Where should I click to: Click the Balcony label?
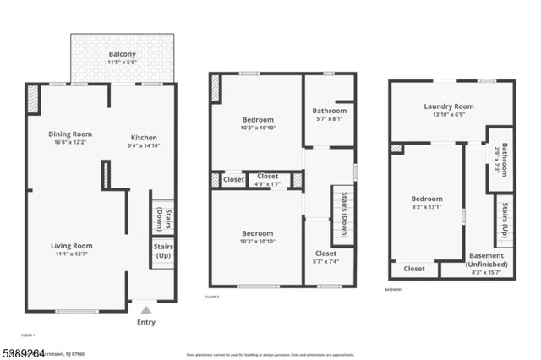coord(123,53)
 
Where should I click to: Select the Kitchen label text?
coord(144,138)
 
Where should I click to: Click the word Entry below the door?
coord(146,322)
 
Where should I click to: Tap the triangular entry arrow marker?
coord(145,309)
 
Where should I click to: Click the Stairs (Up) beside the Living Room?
coord(163,251)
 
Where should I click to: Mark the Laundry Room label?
coord(449,106)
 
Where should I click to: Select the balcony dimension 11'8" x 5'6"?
coord(123,62)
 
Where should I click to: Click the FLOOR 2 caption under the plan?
coord(212,297)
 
